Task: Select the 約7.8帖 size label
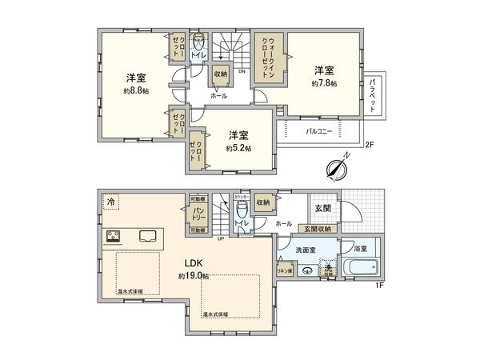325,82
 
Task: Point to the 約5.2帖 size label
238,148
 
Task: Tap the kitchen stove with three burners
113,237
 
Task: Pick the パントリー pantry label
199,214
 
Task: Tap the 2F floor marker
369,146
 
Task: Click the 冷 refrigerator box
110,202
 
